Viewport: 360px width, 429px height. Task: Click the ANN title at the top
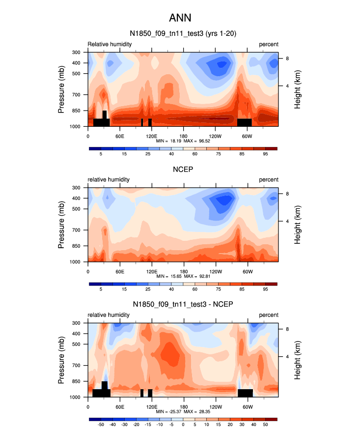[x=180, y=18]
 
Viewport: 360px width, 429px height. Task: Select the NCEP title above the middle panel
[x=183, y=169]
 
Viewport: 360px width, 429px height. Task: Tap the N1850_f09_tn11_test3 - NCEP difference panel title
[x=183, y=305]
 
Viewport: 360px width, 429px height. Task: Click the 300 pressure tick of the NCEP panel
[x=77, y=188]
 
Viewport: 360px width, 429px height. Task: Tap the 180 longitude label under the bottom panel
[x=183, y=407]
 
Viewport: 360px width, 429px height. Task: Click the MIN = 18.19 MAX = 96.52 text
[x=183, y=141]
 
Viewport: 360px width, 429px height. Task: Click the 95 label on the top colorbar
[x=265, y=154]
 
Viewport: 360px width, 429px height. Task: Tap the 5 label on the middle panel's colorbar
[x=101, y=290]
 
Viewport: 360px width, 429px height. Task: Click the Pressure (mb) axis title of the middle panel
[x=61, y=225]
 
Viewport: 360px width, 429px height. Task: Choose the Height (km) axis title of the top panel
[x=298, y=89]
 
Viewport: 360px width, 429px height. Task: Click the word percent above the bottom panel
[x=269, y=315]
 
